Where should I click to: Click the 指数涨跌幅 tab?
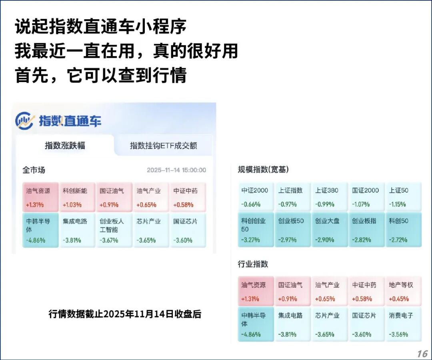pyautogui.click(x=65, y=145)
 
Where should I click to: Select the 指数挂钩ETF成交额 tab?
pyautogui.click(x=163, y=145)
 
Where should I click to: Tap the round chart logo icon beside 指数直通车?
pyautogui.click(x=24, y=121)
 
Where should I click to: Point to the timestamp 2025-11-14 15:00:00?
pyautogui.click(x=176, y=170)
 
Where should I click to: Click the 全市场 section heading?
pyautogui.click(x=34, y=170)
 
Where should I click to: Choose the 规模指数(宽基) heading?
pyautogui.click(x=263, y=169)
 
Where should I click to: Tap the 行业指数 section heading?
pyautogui.click(x=253, y=264)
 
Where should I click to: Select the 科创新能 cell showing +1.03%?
pyautogui.click(x=77, y=197)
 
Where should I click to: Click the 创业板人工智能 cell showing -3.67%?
pyautogui.click(x=114, y=230)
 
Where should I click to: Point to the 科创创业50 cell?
pyautogui.click(x=256, y=229)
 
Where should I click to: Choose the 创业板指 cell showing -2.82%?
pyautogui.click(x=366, y=229)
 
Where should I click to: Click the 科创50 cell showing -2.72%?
pyautogui.click(x=404, y=229)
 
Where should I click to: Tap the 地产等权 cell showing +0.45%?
pyautogui.click(x=404, y=291)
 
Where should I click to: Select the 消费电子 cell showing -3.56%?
pyautogui.click(x=404, y=324)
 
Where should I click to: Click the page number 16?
pyautogui.click(x=422, y=354)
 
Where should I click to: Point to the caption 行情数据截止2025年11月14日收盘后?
pyautogui.click(x=125, y=314)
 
